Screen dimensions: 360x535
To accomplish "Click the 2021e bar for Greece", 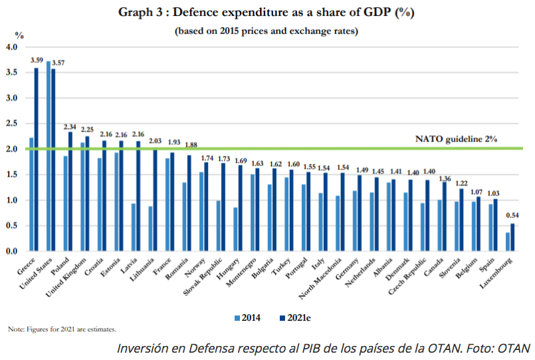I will pos(37,159).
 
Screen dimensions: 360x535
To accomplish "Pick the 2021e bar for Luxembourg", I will pos(512,237).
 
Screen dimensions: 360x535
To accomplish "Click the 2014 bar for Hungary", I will pos(235,229).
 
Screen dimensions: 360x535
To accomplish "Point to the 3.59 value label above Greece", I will pos(37,60).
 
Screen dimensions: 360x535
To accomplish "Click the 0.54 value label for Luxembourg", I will pos(512,215).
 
